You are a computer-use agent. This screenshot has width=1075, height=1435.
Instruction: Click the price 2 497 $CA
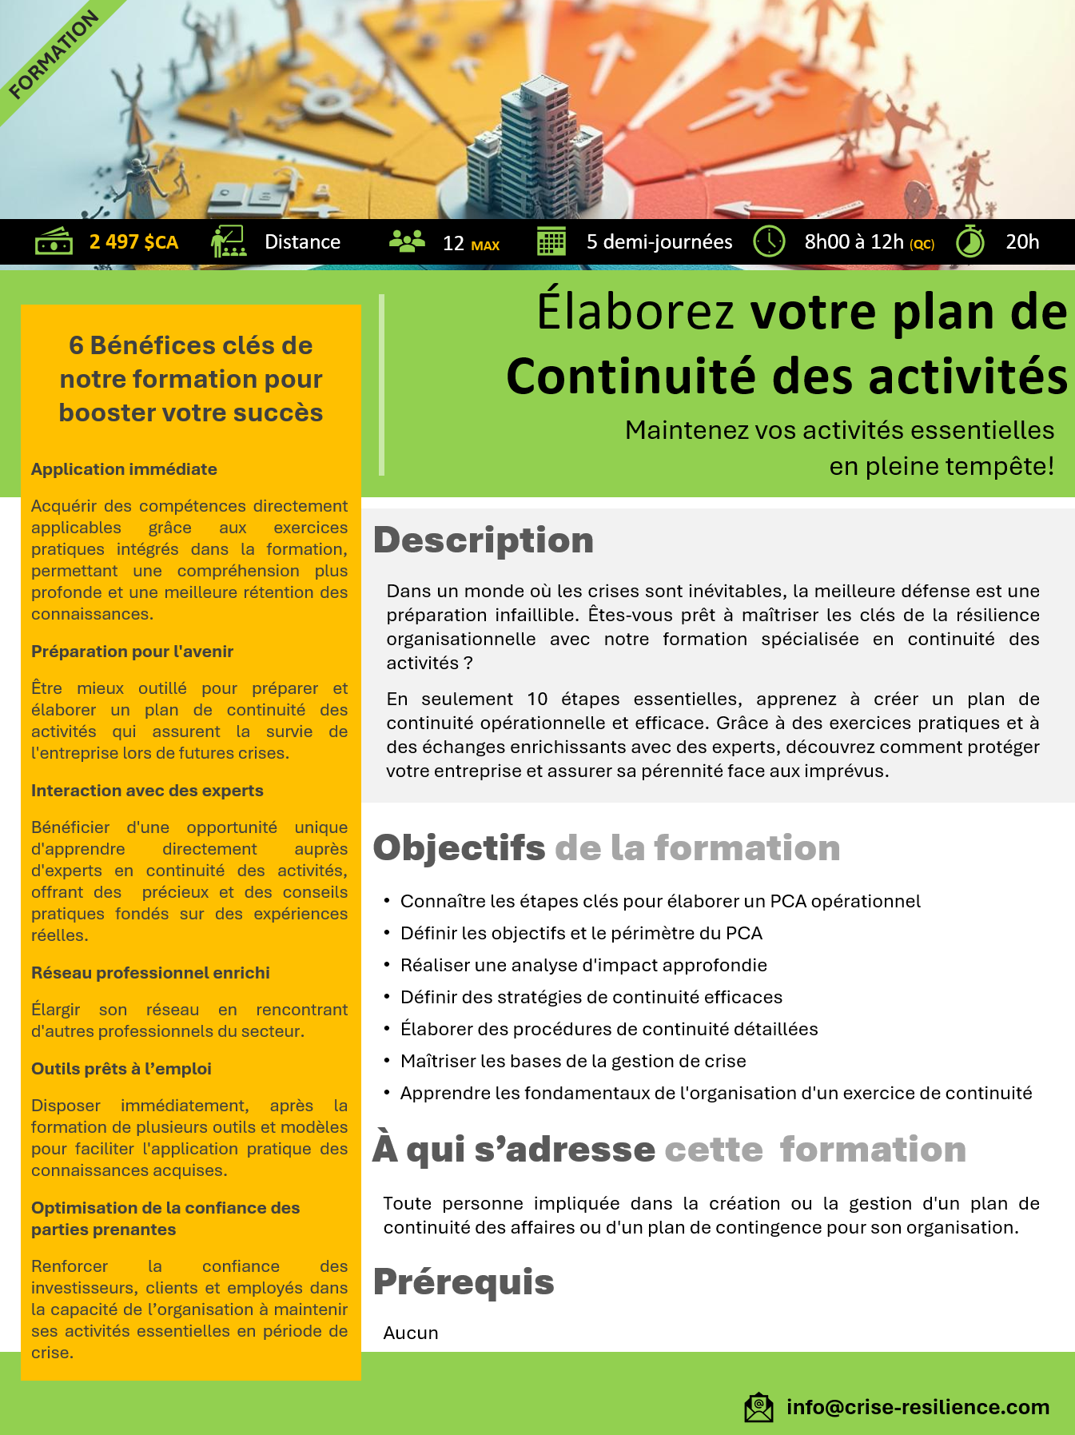[133, 242]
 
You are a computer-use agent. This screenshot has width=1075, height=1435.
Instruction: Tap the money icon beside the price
[54, 241]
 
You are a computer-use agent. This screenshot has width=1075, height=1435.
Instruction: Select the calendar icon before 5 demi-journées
[551, 241]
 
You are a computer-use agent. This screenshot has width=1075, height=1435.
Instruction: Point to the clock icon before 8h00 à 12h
[769, 241]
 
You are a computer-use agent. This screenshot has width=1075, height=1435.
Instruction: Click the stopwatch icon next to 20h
[970, 241]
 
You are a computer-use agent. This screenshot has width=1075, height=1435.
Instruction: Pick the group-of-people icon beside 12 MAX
[407, 241]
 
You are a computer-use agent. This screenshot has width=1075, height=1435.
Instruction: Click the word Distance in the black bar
[302, 242]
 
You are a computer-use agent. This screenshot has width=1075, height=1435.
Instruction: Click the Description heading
[484, 540]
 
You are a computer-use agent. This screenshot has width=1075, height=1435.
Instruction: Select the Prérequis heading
[464, 1282]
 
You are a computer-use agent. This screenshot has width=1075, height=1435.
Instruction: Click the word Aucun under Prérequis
[411, 1333]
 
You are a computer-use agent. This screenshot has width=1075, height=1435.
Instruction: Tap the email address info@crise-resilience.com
[918, 1407]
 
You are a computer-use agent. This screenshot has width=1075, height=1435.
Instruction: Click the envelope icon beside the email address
[758, 1407]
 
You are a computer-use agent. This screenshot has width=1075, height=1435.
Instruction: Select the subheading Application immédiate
[124, 469]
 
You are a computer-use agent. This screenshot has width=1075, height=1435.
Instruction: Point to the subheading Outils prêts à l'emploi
[121, 1069]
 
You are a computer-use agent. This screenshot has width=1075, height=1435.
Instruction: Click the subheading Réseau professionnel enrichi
[150, 973]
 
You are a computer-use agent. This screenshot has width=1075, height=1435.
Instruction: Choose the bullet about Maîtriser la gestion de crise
[573, 1061]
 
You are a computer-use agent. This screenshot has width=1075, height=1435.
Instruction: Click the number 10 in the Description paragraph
[537, 699]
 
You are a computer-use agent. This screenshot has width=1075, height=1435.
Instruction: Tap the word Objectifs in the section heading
[459, 848]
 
